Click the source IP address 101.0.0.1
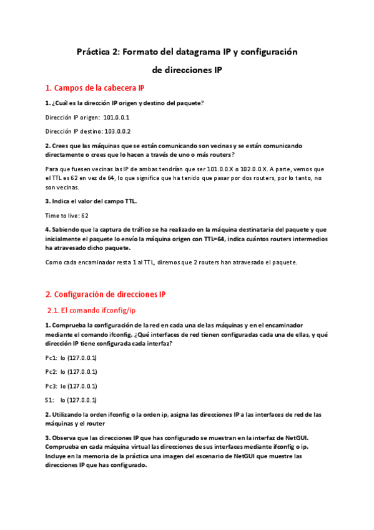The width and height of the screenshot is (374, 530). tap(116, 117)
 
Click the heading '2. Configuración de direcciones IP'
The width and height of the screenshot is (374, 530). tap(106, 294)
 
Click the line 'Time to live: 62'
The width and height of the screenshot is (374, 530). tap(67, 215)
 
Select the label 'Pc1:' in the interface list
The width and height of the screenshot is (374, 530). tap(52, 358)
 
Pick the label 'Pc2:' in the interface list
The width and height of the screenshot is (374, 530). tap(52, 372)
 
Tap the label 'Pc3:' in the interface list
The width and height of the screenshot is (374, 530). tap(52, 386)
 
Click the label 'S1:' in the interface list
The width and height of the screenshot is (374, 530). tap(50, 400)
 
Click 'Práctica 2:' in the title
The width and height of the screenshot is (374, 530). tap(98, 52)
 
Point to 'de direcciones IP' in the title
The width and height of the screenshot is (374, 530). tap(187, 71)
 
